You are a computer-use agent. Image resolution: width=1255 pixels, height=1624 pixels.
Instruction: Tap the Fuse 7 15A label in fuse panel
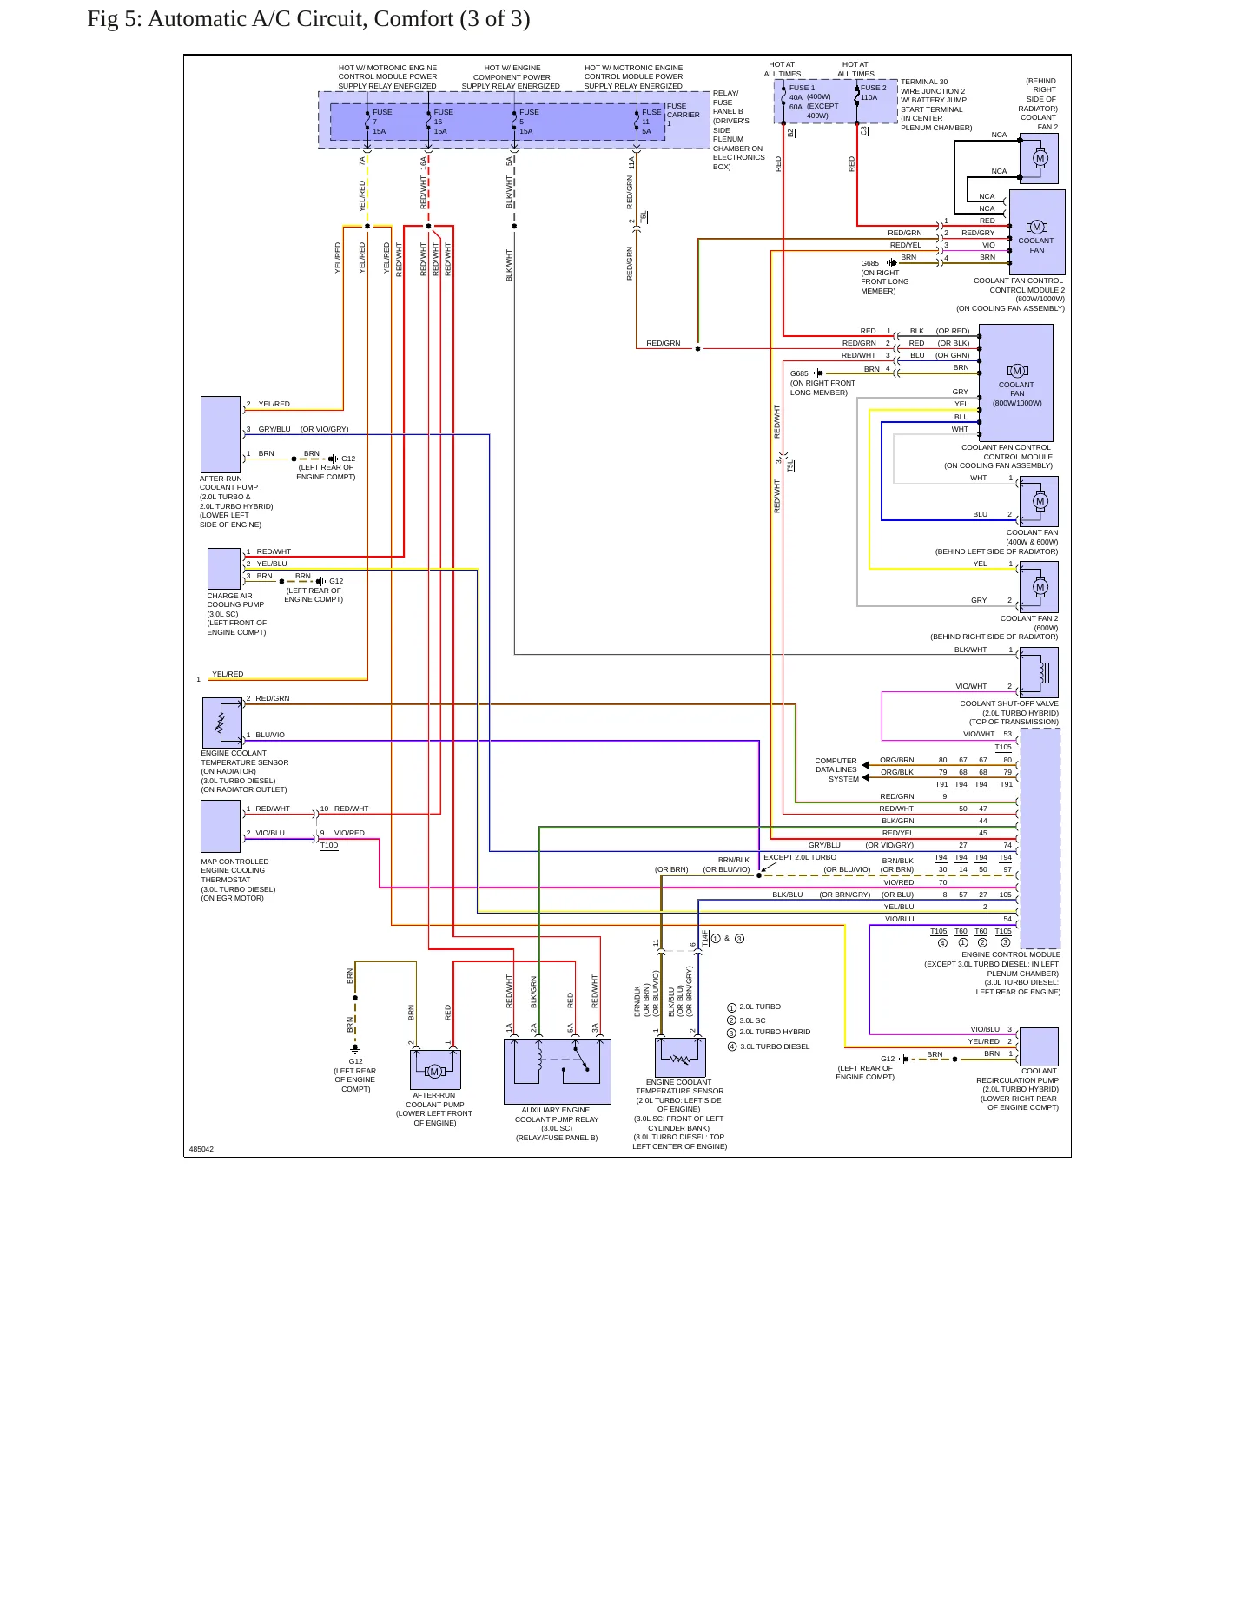point(380,122)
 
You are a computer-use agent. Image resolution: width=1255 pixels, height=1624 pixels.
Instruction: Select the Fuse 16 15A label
point(443,122)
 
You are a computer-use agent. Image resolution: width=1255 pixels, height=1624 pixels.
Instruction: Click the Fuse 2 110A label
point(873,93)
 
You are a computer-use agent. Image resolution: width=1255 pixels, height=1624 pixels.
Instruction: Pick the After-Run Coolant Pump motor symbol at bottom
point(435,1071)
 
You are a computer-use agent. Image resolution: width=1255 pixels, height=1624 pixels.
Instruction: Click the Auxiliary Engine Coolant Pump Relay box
point(557,1071)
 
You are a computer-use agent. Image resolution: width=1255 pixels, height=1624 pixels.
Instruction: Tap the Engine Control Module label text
point(1011,954)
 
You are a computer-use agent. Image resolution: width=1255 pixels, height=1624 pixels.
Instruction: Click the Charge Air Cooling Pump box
point(224,569)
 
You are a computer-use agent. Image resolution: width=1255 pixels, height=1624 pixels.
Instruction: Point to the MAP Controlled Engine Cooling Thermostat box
point(221,826)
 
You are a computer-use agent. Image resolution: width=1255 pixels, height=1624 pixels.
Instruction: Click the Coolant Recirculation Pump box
point(1039,1046)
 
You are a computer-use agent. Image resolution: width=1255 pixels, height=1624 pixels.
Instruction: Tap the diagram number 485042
point(201,1149)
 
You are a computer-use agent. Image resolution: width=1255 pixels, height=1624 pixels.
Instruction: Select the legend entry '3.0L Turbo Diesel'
point(768,1046)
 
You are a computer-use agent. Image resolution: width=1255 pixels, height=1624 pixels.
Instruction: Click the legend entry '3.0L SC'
point(747,1020)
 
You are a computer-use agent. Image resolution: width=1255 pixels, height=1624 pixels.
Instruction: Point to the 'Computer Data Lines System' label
point(836,769)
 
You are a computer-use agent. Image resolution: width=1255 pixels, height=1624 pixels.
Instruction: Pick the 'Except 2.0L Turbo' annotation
point(800,857)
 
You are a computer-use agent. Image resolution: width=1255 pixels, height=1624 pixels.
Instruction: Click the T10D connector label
point(329,845)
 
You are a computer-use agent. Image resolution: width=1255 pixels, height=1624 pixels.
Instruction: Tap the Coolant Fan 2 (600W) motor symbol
point(1040,587)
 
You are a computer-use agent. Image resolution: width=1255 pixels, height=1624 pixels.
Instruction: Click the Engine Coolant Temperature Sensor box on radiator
point(222,723)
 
